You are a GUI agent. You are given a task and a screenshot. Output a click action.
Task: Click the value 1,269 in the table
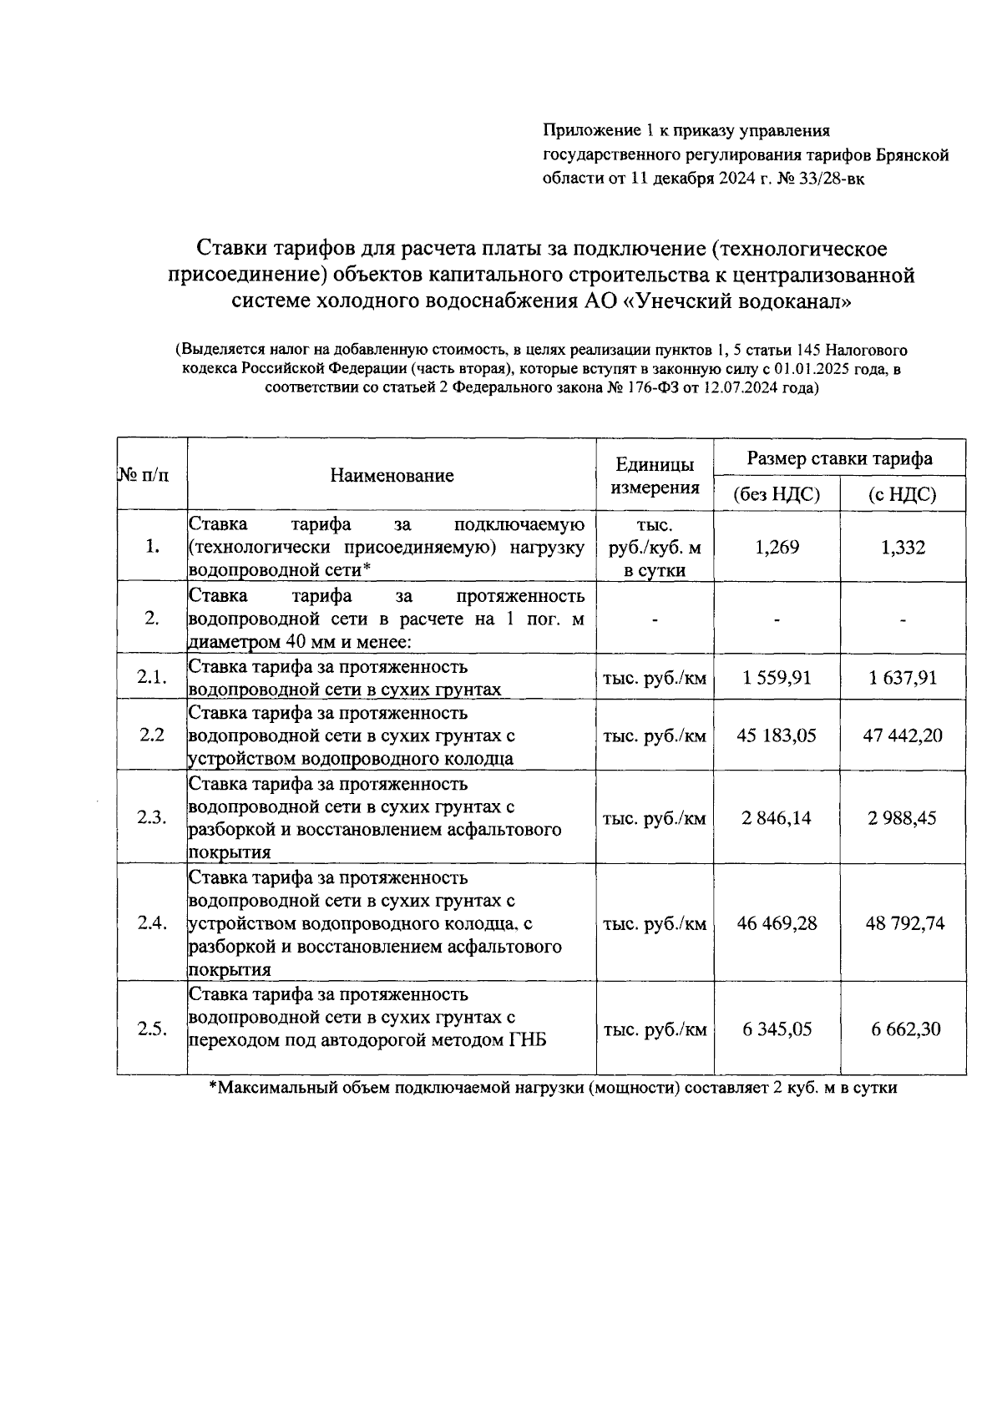(x=777, y=548)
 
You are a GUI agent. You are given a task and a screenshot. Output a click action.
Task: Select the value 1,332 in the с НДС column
(x=903, y=548)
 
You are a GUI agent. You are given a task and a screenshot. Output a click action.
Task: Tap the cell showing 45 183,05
(x=777, y=735)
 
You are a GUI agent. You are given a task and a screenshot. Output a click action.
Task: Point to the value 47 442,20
(x=903, y=735)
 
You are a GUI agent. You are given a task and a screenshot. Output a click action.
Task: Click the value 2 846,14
(x=777, y=817)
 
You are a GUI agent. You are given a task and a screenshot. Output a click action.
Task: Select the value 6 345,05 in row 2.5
(x=777, y=1028)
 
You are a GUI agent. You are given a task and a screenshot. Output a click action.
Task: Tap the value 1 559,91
(x=777, y=677)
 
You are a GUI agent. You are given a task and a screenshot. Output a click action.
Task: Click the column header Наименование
(x=392, y=475)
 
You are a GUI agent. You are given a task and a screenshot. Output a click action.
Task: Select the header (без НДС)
(x=777, y=494)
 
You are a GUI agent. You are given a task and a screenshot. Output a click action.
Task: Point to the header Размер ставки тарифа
(x=839, y=458)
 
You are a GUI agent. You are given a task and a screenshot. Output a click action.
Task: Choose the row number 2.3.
(x=152, y=817)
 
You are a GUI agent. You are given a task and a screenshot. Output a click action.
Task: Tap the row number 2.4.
(x=152, y=923)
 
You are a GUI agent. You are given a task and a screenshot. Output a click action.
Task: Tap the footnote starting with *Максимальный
(x=552, y=1088)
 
